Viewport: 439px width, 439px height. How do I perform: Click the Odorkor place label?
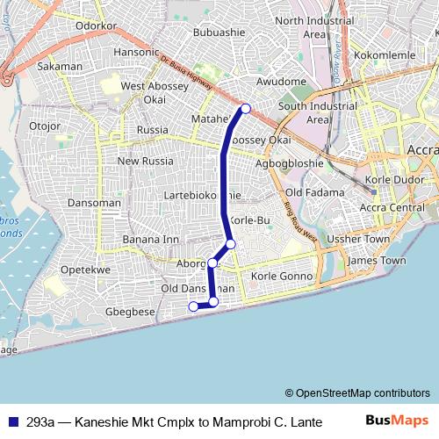pos(97,26)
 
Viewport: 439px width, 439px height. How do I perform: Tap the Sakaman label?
pos(60,66)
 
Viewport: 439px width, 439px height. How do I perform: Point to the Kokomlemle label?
pos(391,55)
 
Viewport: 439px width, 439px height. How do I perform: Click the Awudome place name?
pos(280,82)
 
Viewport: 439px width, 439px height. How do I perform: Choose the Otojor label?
pos(44,126)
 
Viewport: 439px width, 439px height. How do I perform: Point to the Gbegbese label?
pos(130,311)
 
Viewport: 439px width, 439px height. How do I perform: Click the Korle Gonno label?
pos(282,276)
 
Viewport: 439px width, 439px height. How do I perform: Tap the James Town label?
pos(377,261)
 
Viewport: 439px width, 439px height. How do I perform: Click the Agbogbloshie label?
pos(289,163)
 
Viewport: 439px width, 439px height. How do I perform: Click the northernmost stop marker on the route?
pos(246,108)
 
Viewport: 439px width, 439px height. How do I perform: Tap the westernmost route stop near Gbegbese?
pos(194,306)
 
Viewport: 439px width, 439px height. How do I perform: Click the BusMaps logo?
pos(401,421)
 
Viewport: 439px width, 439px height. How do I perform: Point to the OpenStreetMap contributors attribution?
pos(356,393)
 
